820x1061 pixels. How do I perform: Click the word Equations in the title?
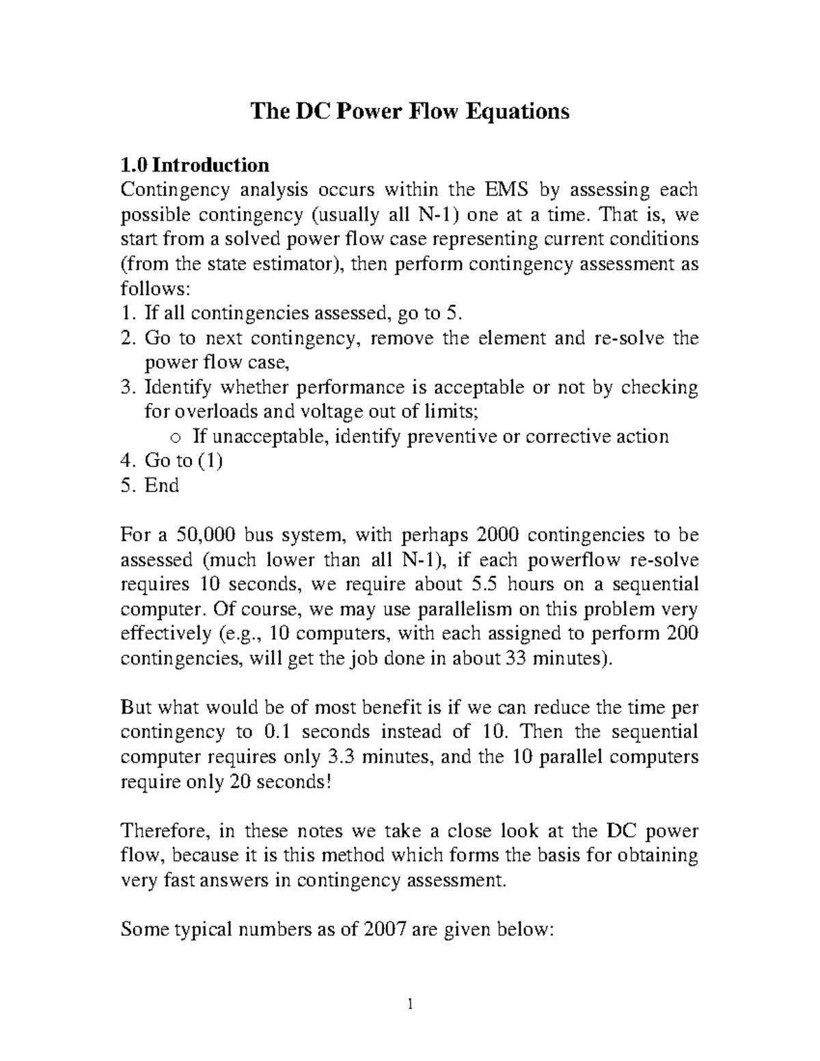point(517,111)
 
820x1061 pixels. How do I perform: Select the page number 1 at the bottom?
point(410,1004)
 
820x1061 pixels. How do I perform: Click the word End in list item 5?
point(162,486)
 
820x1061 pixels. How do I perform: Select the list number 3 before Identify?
point(124,387)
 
